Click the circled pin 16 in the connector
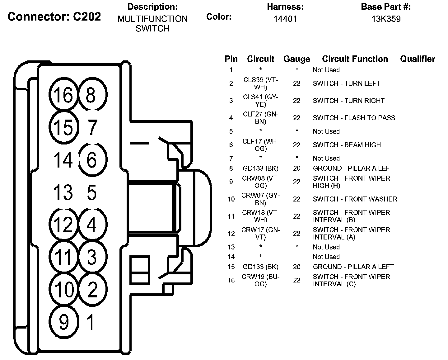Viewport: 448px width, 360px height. tap(63, 95)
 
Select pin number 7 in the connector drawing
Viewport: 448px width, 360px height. tap(91, 127)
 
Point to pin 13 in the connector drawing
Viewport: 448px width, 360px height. tap(63, 192)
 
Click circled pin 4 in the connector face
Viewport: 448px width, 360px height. tap(91, 225)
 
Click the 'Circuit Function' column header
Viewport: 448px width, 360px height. tap(355, 59)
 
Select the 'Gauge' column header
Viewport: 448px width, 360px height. tap(297, 59)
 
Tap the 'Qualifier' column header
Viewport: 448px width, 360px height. tap(418, 59)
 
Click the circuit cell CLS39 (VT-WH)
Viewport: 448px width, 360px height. tap(261, 83)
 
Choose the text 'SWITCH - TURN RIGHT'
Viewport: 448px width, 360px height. tap(348, 101)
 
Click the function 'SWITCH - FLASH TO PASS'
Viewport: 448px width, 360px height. tap(354, 118)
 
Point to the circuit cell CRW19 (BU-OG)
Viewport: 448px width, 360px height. tap(261, 280)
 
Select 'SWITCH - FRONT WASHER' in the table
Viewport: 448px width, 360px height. tap(355, 199)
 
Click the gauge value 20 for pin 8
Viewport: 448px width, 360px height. tap(297, 168)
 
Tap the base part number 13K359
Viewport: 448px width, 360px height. tap(386, 19)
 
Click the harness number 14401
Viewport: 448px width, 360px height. tap(285, 19)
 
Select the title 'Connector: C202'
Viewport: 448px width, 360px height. tap(54, 17)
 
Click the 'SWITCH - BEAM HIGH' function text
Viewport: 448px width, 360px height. tap(347, 145)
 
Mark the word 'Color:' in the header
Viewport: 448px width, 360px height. tap(219, 17)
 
